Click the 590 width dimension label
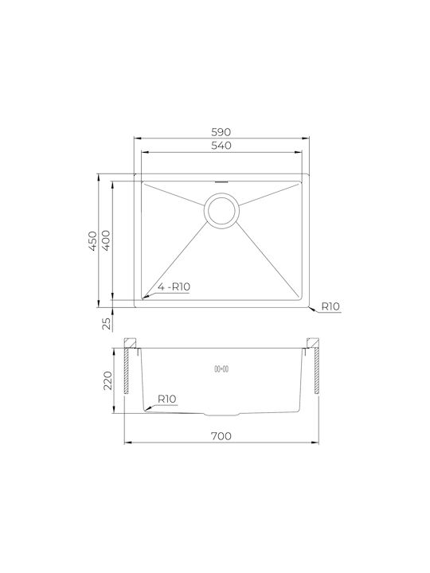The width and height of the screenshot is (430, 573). tap(221, 132)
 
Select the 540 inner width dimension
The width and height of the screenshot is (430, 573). tap(221, 146)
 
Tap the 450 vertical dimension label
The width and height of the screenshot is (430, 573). tap(93, 240)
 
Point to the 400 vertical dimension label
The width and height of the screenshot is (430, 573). tap(106, 240)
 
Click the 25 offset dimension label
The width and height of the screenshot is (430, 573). tap(107, 323)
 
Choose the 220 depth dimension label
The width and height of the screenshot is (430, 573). tap(107, 380)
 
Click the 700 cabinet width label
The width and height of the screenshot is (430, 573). tap(221, 436)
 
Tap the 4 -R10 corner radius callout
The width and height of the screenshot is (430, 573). tap(174, 286)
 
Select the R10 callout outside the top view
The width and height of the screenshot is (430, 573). tap(330, 306)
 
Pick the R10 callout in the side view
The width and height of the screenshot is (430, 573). tap(167, 399)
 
